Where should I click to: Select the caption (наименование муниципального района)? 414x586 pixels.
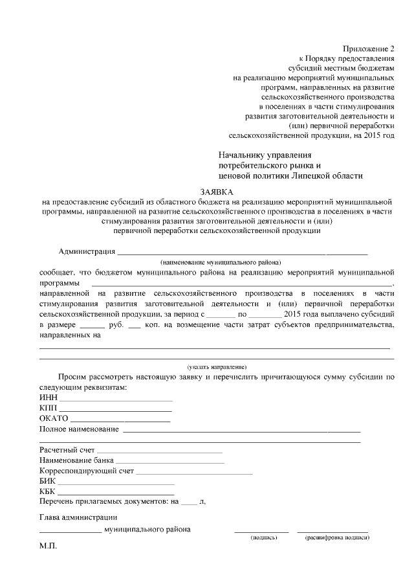coord(221,263)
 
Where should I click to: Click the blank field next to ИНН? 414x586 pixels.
coord(116,399)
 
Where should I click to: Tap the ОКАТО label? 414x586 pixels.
coord(54,419)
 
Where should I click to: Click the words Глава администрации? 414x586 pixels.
coord(78,517)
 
